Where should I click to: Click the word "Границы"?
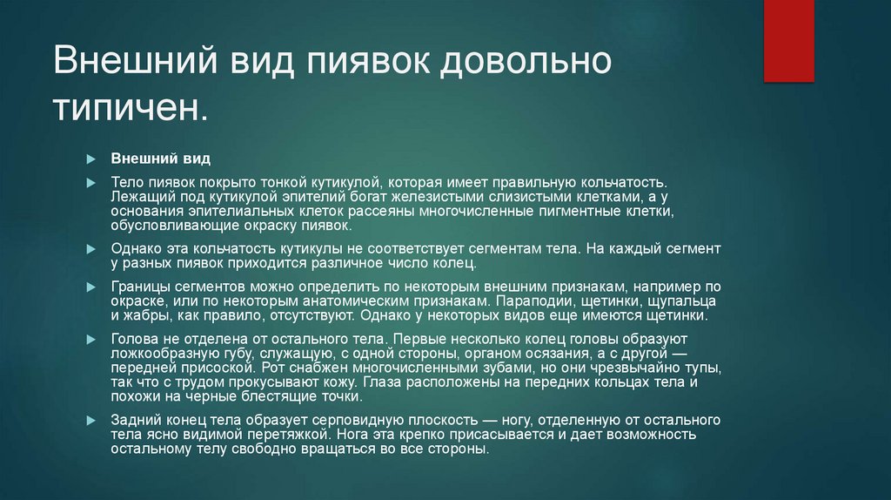tap(140, 287)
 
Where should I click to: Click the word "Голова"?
tap(133, 338)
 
